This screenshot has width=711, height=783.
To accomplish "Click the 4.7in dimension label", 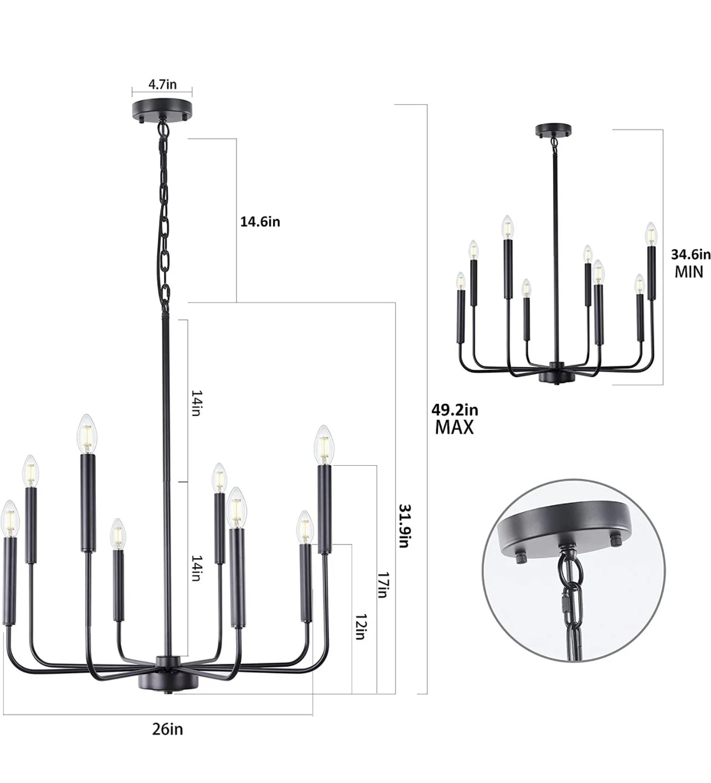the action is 162,84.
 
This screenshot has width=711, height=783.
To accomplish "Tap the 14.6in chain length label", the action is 260,221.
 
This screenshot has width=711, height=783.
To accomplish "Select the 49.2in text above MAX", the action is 455,410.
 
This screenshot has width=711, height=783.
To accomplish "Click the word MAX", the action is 454,427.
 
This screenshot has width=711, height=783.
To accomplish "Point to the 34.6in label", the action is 691,255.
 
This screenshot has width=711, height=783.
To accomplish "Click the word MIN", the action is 689,272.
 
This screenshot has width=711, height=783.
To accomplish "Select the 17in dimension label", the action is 383,585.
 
